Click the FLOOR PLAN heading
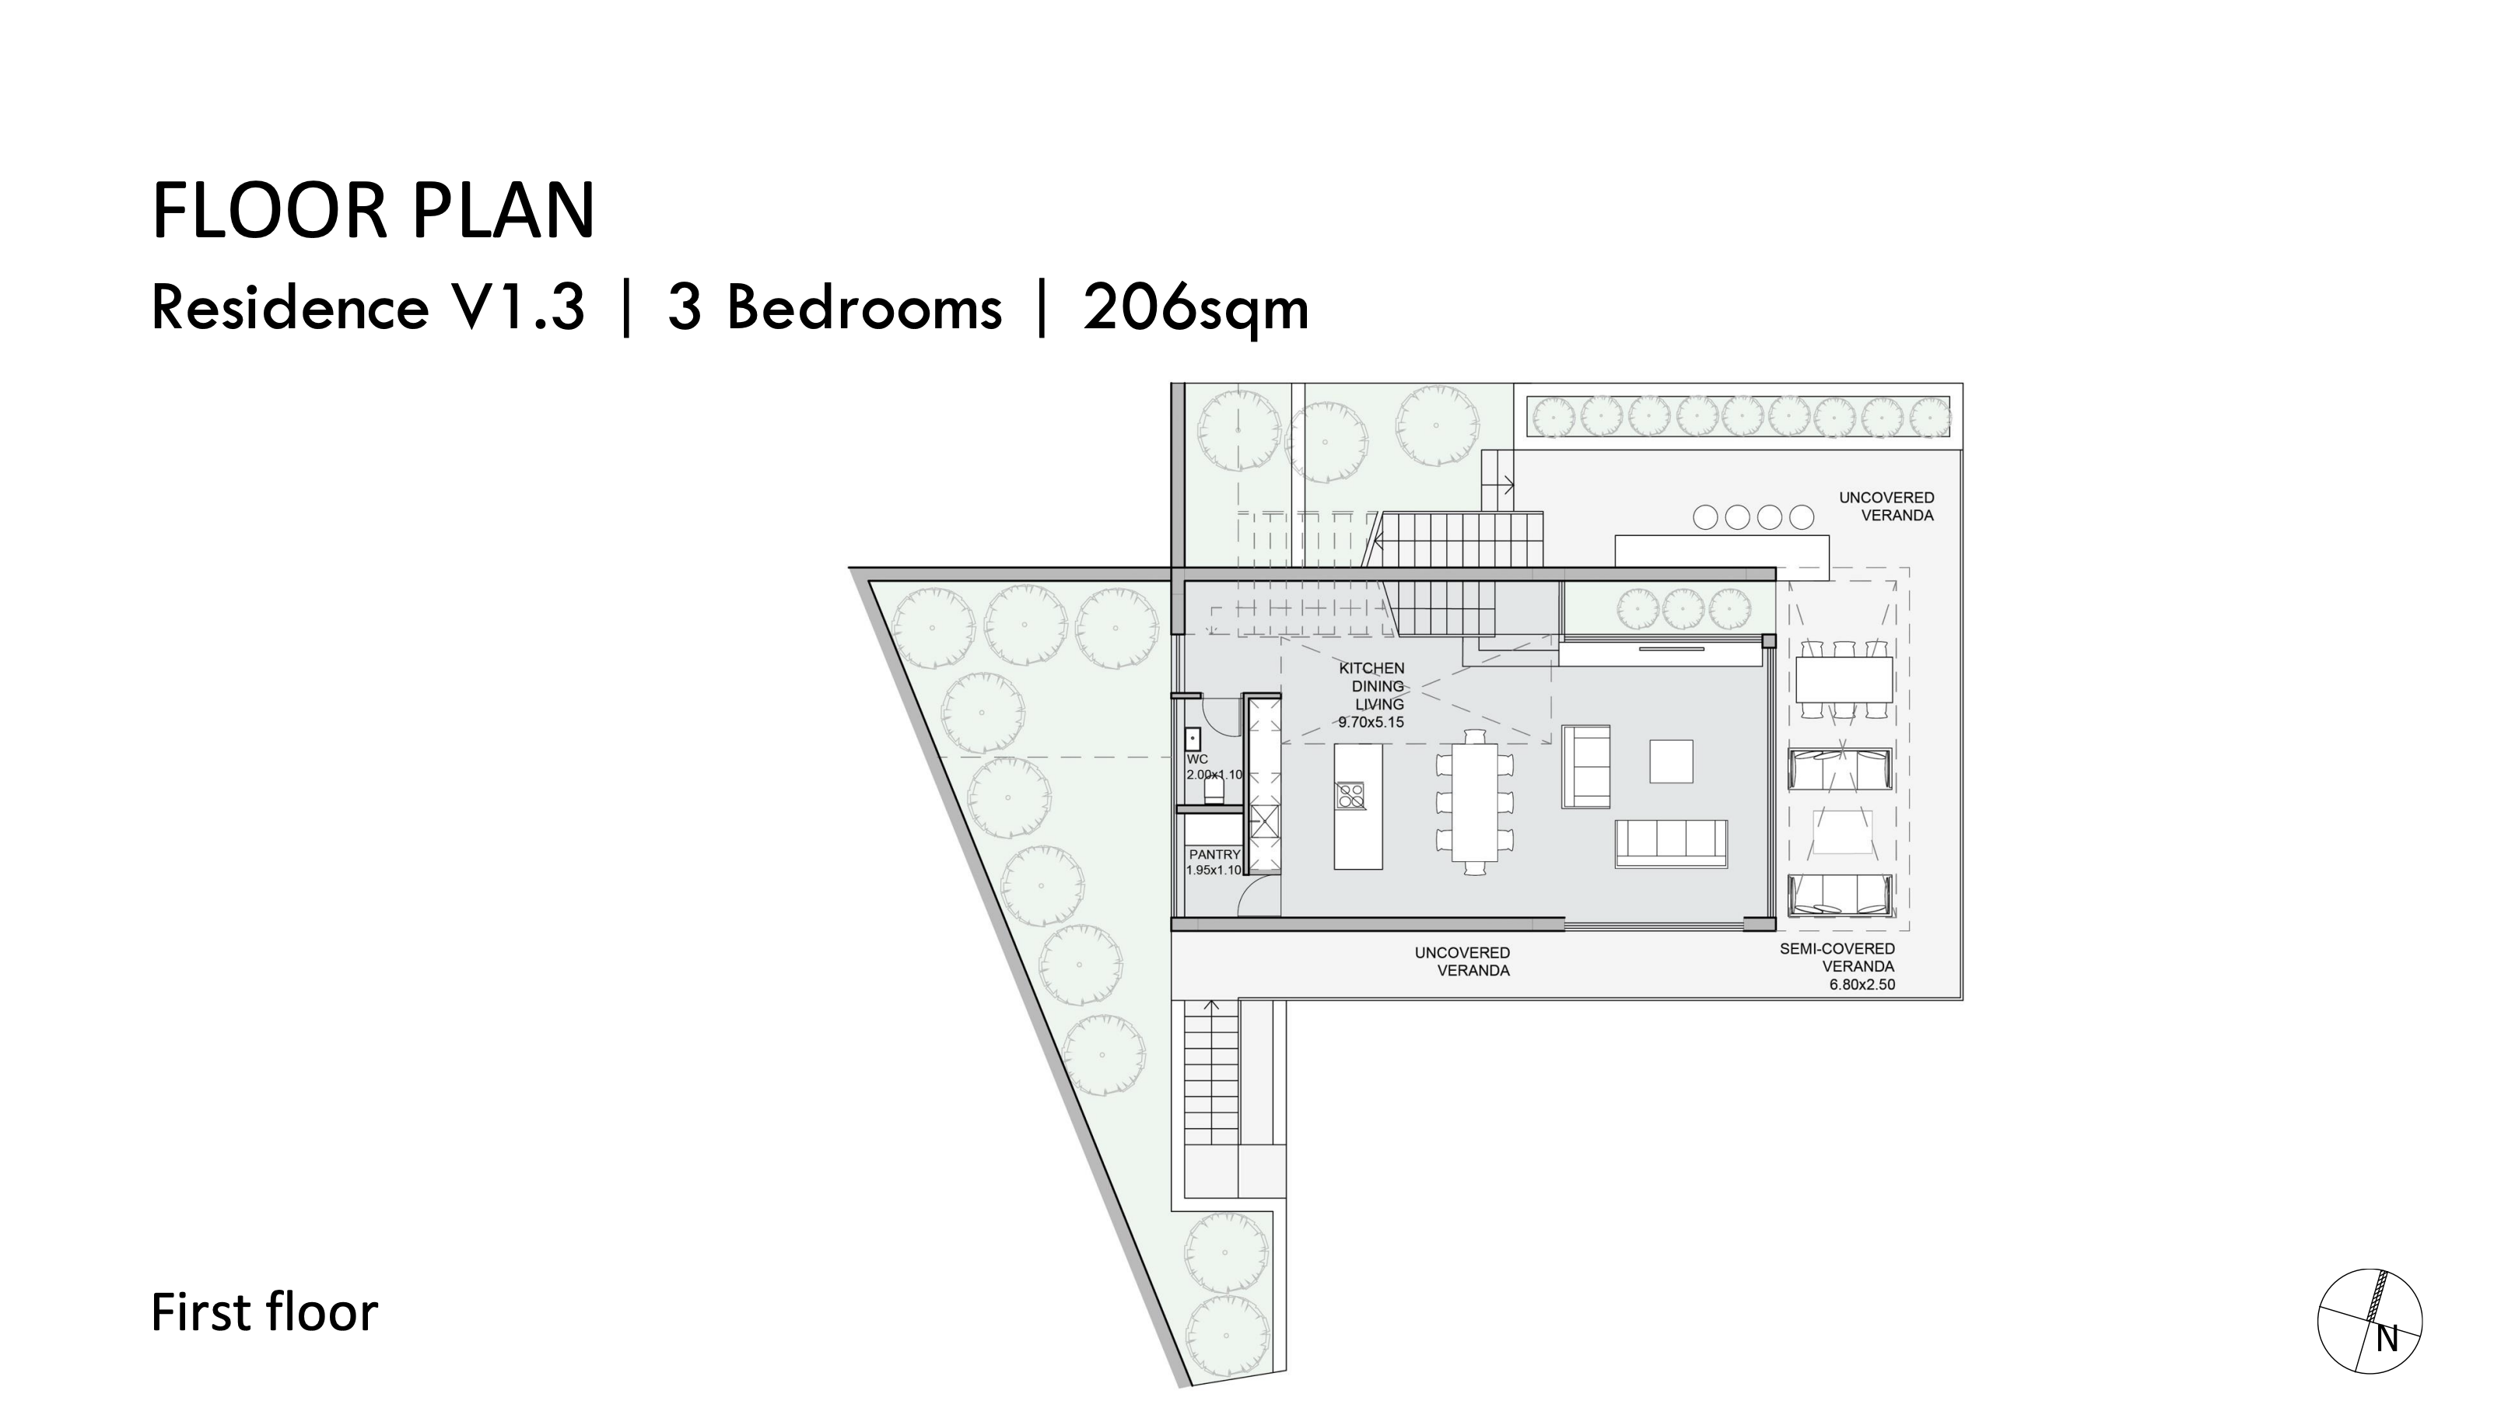coord(373,211)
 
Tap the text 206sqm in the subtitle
coord(1195,309)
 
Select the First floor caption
coord(264,1312)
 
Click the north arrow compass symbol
coord(2370,1322)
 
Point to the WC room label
coord(1197,759)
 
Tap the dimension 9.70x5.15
coord(1371,723)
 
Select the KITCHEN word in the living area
coord(1371,669)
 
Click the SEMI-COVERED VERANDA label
coord(1837,957)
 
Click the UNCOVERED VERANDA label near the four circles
coord(1886,506)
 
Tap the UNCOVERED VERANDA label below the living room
coord(1462,961)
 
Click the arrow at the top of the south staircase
coord(1212,1005)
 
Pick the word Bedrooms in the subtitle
coord(864,309)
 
